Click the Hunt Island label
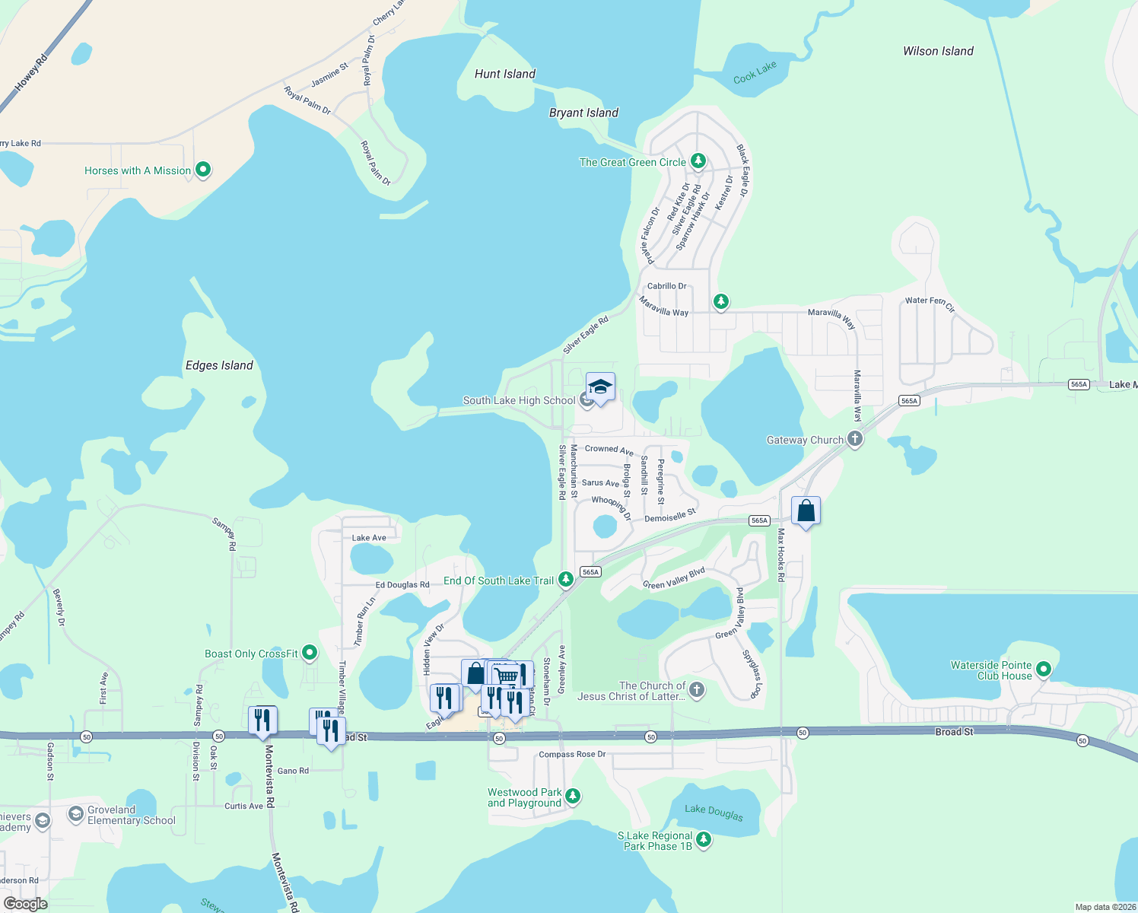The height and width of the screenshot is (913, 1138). pyautogui.click(x=504, y=74)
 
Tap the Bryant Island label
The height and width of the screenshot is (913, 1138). pyautogui.click(x=583, y=113)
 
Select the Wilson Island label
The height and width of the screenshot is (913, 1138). pyautogui.click(x=938, y=51)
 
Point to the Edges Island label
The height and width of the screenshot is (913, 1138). pyautogui.click(x=219, y=365)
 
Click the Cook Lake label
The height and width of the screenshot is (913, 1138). pyautogui.click(x=755, y=73)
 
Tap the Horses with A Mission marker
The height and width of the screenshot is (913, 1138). pyautogui.click(x=203, y=170)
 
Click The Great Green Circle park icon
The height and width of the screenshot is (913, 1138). pyautogui.click(x=698, y=161)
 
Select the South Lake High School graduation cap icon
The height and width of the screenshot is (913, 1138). pyautogui.click(x=600, y=387)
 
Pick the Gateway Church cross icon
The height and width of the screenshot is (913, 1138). pyautogui.click(x=855, y=439)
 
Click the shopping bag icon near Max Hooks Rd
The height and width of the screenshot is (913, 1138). pyautogui.click(x=806, y=511)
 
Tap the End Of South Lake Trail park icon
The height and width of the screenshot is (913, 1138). pyautogui.click(x=565, y=580)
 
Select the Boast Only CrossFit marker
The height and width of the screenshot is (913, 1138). pyautogui.click(x=310, y=653)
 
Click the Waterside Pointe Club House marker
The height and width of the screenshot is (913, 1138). pyautogui.click(x=1044, y=670)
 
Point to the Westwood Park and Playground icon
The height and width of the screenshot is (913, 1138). pyautogui.click(x=573, y=797)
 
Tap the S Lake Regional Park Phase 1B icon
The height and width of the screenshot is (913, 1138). pyautogui.click(x=704, y=840)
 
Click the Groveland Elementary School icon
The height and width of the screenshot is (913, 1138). pyautogui.click(x=75, y=815)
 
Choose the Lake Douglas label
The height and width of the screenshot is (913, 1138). pyautogui.click(x=714, y=812)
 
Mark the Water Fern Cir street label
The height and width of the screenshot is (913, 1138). pyautogui.click(x=930, y=303)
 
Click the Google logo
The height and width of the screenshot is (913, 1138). pyautogui.click(x=25, y=903)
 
